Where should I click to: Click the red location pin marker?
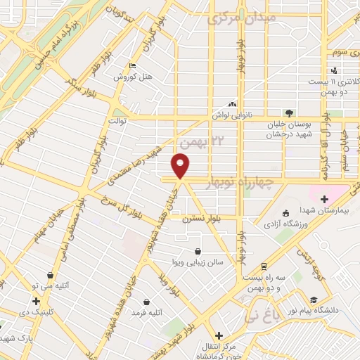click(x=180, y=166)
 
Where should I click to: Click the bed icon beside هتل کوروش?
click(x=132, y=66)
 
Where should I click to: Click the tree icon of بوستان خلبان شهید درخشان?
click(x=288, y=112)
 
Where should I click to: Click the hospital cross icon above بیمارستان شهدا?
click(x=324, y=200)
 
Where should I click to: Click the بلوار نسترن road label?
click(x=200, y=219)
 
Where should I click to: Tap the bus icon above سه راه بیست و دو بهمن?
click(x=263, y=266)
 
